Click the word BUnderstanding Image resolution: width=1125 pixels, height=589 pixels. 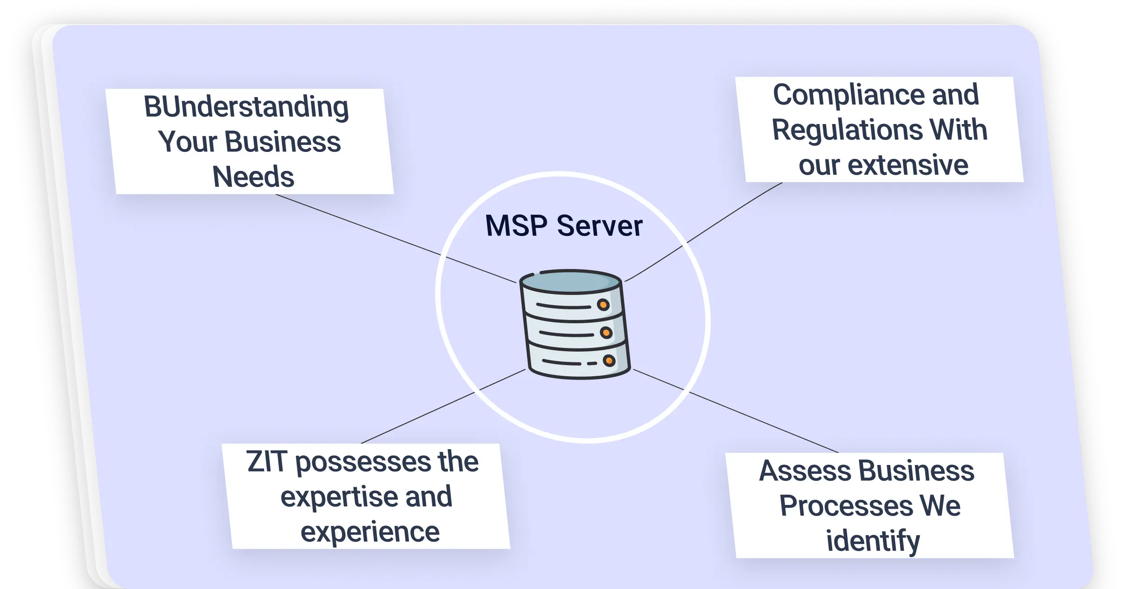(x=246, y=107)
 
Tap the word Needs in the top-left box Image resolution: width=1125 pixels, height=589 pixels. (x=253, y=177)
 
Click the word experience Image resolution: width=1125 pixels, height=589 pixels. (x=370, y=532)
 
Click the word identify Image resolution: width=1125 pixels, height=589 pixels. (x=873, y=541)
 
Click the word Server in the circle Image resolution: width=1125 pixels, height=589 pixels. (x=599, y=226)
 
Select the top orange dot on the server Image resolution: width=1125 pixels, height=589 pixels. (x=603, y=305)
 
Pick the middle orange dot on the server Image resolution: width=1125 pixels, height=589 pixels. (x=606, y=333)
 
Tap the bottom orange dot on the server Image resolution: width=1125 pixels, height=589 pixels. (x=609, y=361)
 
